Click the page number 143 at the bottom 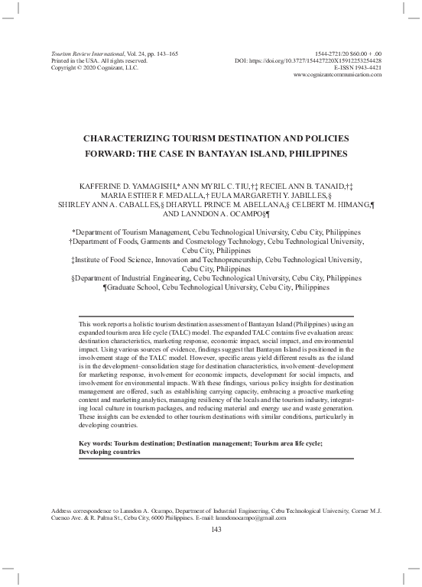coord(215,531)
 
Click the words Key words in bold coord(97,443)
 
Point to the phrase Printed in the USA coord(70,60)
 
